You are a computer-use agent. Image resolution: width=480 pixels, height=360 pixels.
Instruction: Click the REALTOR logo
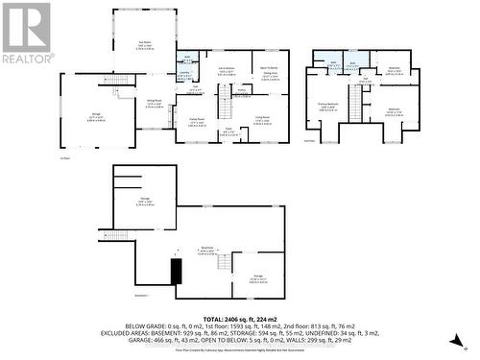(x=27, y=34)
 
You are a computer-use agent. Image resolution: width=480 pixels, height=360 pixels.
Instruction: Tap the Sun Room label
(x=145, y=43)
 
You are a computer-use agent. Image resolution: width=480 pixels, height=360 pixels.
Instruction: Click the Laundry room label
(x=184, y=72)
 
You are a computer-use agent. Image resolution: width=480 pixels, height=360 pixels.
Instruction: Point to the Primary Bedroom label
(x=329, y=108)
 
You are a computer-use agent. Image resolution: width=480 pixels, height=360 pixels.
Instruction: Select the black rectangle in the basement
(x=175, y=272)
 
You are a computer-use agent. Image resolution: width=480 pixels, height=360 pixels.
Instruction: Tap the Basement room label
(x=205, y=252)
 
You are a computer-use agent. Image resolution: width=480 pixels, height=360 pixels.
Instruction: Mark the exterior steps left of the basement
(x=115, y=235)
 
